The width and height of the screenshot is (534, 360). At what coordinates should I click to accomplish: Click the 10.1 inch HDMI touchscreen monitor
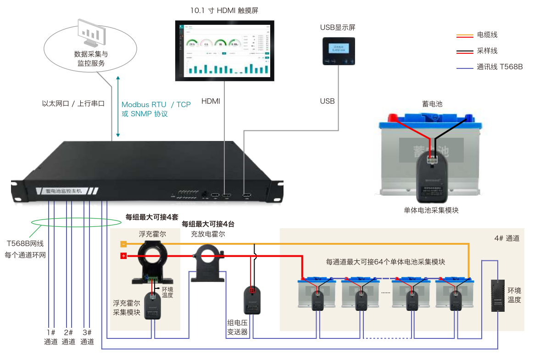(x=225, y=50)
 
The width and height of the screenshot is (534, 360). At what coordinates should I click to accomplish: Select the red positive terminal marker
(x=123, y=256)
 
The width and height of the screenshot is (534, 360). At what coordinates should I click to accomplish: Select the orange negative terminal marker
(x=123, y=244)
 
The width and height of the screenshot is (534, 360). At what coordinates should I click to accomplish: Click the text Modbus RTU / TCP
(x=156, y=105)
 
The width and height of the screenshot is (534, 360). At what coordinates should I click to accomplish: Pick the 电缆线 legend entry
(x=487, y=35)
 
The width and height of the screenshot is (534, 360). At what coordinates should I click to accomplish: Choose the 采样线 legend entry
(x=487, y=51)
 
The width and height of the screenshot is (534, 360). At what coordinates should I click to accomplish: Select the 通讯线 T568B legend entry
(x=499, y=67)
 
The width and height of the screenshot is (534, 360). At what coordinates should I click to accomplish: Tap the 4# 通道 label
(x=506, y=238)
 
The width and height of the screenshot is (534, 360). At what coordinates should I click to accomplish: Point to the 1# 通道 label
(x=50, y=337)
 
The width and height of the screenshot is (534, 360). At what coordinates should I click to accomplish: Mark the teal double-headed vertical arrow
(x=118, y=107)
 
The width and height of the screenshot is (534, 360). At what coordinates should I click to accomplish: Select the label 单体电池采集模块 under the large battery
(x=431, y=210)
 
